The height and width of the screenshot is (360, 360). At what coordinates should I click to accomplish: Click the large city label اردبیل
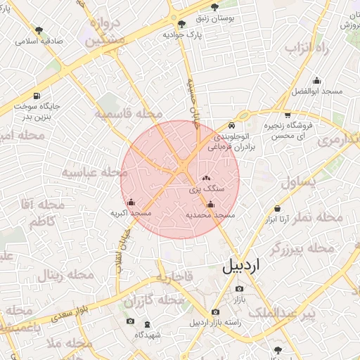pos(241,266)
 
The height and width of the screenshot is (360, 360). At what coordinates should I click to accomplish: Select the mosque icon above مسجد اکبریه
pos(131,203)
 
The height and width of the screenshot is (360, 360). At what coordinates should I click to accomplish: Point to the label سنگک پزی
pos(207,189)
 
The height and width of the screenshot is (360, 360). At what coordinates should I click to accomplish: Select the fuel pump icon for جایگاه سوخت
pos(37,96)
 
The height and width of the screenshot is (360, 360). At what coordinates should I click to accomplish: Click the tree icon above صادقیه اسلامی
pos(39,31)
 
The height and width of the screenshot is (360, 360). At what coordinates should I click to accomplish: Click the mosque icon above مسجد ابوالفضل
pos(316,79)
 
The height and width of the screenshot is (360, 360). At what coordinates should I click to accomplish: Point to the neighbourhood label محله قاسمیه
pos(129,113)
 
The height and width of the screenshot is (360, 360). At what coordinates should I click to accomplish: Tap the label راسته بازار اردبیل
pos(215,323)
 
